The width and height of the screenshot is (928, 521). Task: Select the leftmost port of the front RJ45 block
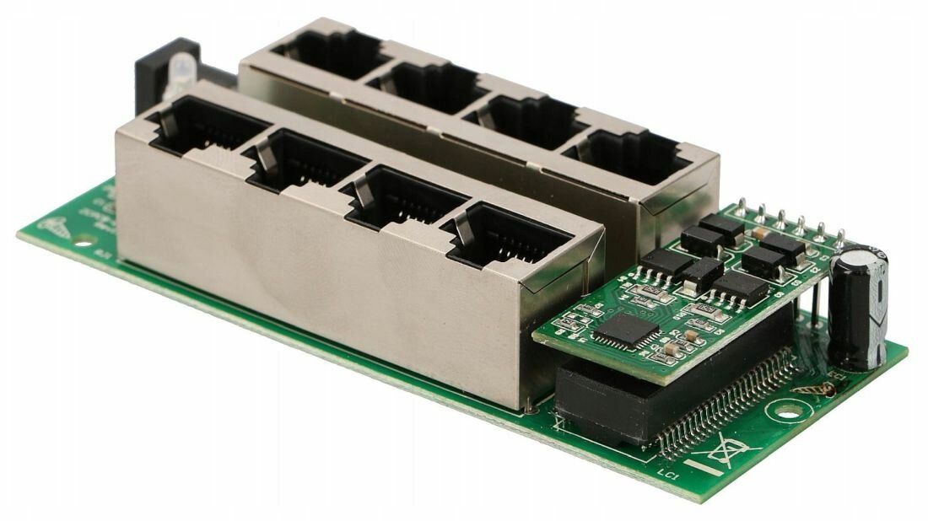click(x=202, y=126)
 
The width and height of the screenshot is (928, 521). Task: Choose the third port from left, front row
click(x=400, y=196)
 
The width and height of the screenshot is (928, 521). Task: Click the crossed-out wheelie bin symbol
click(x=724, y=453)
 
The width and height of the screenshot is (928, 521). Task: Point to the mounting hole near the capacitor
click(x=788, y=411)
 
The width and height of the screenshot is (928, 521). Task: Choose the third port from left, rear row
click(x=525, y=119)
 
